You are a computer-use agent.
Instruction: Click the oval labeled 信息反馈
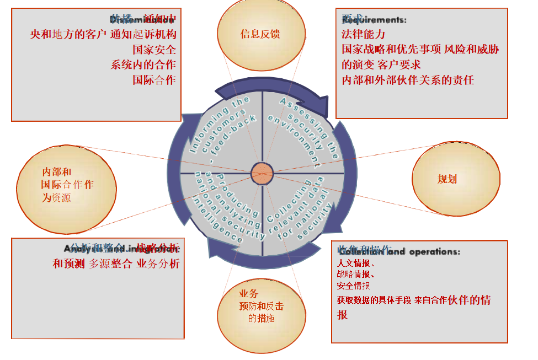[260, 34]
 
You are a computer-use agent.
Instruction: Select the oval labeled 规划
[447, 179]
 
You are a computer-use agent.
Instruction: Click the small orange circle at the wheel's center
[262, 173]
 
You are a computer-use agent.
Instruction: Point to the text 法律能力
[363, 34]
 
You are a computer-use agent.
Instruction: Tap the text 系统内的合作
[143, 65]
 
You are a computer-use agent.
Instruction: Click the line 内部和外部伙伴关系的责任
[408, 80]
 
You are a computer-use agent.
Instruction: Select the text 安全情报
[353, 286]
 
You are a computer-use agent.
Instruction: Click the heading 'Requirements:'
[374, 20]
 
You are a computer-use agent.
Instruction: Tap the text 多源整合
[110, 264]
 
